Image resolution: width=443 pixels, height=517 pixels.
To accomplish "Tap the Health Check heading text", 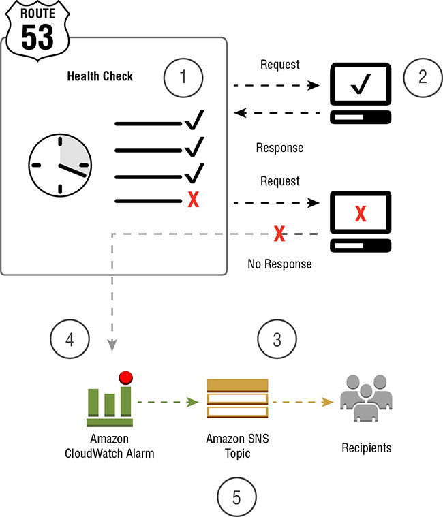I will [100, 76].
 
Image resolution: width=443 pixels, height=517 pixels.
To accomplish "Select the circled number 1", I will [182, 76].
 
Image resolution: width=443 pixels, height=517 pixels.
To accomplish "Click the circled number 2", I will [422, 76].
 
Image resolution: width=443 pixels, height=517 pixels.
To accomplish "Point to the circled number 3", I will [277, 339].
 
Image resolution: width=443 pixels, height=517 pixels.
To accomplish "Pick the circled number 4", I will [70, 339].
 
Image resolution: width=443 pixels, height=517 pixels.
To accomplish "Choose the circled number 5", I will [236, 497].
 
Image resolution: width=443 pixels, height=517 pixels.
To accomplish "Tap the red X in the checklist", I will [193, 201].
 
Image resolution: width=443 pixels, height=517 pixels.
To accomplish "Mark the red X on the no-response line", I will [279, 234].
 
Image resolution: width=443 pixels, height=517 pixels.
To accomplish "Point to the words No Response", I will [279, 264].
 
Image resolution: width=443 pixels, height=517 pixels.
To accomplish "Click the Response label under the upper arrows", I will [279, 147].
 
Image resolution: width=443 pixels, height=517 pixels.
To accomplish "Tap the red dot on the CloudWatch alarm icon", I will [125, 377].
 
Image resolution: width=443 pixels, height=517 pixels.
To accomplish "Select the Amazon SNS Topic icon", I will [237, 398].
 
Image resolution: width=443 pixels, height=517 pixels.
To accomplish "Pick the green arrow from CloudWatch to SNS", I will [168, 402].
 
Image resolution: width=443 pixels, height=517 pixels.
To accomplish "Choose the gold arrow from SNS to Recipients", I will [303, 402].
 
